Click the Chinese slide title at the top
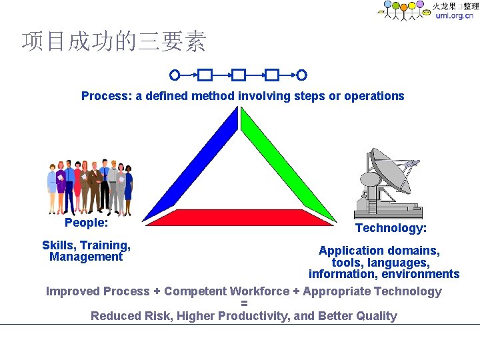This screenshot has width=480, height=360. point(114,42)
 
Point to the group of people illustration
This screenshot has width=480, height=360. point(89,187)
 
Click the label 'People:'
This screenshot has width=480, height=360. point(86,223)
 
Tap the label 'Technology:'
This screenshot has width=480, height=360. point(391,228)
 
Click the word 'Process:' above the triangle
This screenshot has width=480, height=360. point(107,96)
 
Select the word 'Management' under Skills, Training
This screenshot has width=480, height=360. point(86,257)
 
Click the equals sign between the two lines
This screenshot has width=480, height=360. point(244,303)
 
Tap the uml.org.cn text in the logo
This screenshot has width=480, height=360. point(454,15)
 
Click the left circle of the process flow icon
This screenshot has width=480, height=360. point(175,75)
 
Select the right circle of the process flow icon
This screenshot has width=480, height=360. point(302,75)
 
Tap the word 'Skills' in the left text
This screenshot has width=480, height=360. point(59,245)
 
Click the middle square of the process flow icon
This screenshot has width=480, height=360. point(239,75)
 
